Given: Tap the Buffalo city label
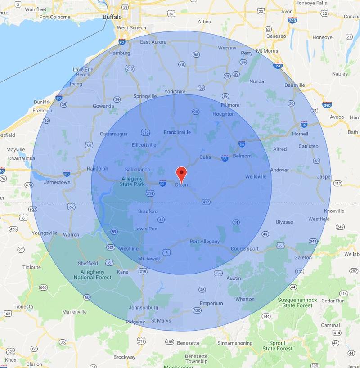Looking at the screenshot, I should pyautogui.click(x=112, y=17).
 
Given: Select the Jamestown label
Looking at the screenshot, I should pyautogui.click(x=57, y=182).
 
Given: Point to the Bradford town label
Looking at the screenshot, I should pyautogui.click(x=148, y=211).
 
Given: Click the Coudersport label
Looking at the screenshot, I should pyautogui.click(x=245, y=249).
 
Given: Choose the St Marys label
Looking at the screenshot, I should pyautogui.click(x=161, y=321).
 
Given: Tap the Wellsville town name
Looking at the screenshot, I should pyautogui.click(x=256, y=177).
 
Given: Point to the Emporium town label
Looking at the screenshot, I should pyautogui.click(x=211, y=303).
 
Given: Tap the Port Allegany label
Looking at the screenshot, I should pyautogui.click(x=205, y=242).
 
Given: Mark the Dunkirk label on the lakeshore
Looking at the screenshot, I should pyautogui.click(x=43, y=102).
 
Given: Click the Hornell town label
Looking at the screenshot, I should pyautogui.click(x=300, y=134).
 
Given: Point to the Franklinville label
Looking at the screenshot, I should pyautogui.click(x=177, y=132).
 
